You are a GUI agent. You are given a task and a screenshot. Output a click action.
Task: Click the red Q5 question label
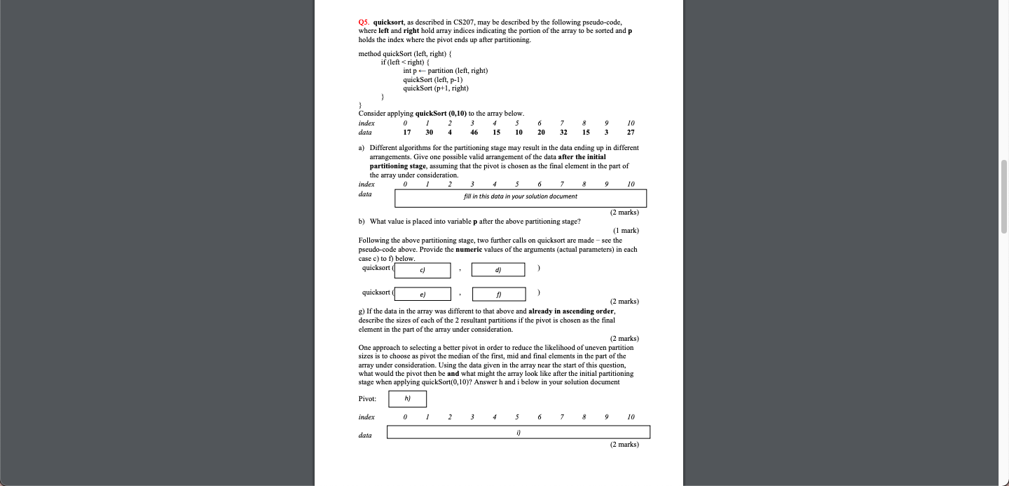pyautogui.click(x=364, y=22)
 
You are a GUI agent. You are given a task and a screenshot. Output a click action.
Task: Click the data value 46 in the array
pyautogui.click(x=474, y=132)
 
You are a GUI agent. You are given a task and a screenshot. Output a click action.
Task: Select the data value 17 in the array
pyautogui.click(x=407, y=132)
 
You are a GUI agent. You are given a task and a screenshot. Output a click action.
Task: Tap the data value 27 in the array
pyautogui.click(x=631, y=132)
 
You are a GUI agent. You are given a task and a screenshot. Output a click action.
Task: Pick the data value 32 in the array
pyautogui.click(x=563, y=132)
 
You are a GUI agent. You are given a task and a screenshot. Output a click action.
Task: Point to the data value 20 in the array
pyautogui.click(x=541, y=132)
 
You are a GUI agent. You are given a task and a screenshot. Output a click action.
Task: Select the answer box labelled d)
pyautogui.click(x=497, y=269)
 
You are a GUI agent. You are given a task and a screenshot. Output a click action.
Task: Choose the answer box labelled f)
pyautogui.click(x=498, y=294)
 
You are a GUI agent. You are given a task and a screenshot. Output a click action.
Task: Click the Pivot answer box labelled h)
pyautogui.click(x=408, y=398)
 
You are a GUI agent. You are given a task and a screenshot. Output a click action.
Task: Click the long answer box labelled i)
pyautogui.click(x=519, y=432)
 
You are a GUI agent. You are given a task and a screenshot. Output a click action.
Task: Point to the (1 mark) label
pyautogui.click(x=625, y=231)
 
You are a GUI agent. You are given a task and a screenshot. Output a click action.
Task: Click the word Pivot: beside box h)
pyautogui.click(x=368, y=399)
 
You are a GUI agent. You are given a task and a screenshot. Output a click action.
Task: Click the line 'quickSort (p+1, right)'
pyautogui.click(x=435, y=88)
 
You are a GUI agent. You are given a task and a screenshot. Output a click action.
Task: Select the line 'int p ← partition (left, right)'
pyautogui.click(x=445, y=71)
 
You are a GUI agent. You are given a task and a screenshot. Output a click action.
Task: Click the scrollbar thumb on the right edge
pyautogui.click(x=1004, y=196)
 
